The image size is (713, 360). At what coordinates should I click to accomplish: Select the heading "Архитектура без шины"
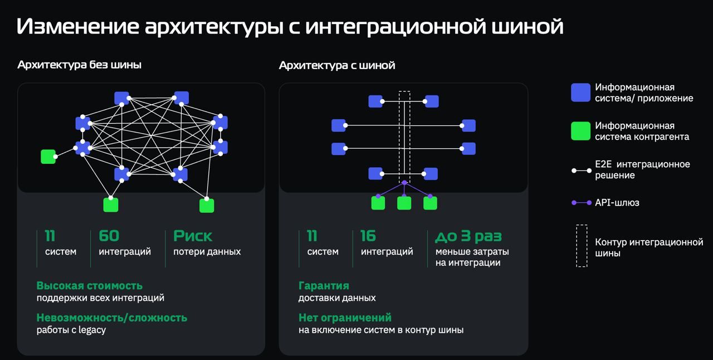[x=79, y=65]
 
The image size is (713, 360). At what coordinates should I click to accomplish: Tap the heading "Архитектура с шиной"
[x=337, y=65]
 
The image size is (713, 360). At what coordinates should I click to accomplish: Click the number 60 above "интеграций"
[x=109, y=236]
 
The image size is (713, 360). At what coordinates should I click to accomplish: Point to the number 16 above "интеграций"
[x=368, y=236]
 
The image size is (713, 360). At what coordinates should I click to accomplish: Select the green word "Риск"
[x=193, y=236]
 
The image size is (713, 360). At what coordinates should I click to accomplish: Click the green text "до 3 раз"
[x=468, y=236]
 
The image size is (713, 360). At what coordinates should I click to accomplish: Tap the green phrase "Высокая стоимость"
[x=90, y=286]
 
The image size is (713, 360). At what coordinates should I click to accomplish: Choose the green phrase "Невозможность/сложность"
[x=112, y=318]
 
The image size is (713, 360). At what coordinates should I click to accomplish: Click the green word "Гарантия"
[x=324, y=286]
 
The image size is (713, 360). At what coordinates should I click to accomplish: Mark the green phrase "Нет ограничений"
[x=345, y=318]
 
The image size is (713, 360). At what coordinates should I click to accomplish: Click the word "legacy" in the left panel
[x=92, y=330]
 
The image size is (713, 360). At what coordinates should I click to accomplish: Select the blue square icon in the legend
[x=580, y=93]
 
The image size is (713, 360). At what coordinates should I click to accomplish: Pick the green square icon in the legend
[x=580, y=131]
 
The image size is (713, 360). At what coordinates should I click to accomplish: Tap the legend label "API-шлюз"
[x=617, y=203]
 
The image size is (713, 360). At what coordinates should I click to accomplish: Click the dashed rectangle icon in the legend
[x=582, y=246]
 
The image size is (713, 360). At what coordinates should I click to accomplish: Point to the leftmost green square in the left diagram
[x=48, y=157]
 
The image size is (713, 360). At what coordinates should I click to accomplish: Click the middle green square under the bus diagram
[x=404, y=203]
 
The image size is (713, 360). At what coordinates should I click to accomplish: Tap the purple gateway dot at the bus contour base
[x=404, y=183]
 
